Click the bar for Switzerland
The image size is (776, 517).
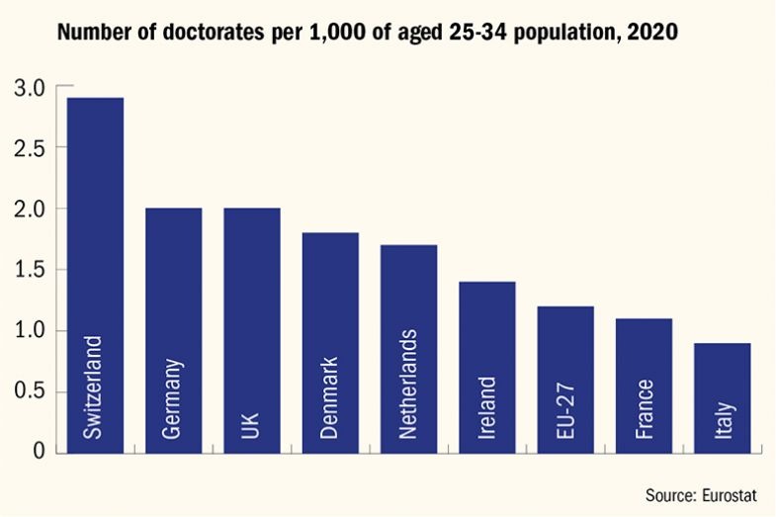[95, 247]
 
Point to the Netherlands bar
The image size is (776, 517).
[408, 326]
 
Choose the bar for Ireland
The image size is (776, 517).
[486, 346]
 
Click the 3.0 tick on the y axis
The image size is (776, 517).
[30, 88]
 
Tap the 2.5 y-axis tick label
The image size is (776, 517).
[30, 148]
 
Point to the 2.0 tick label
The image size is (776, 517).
[30, 210]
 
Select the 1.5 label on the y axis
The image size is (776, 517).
[30, 270]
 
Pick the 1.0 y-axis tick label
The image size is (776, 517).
[30, 331]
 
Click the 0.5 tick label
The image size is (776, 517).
[30, 391]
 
